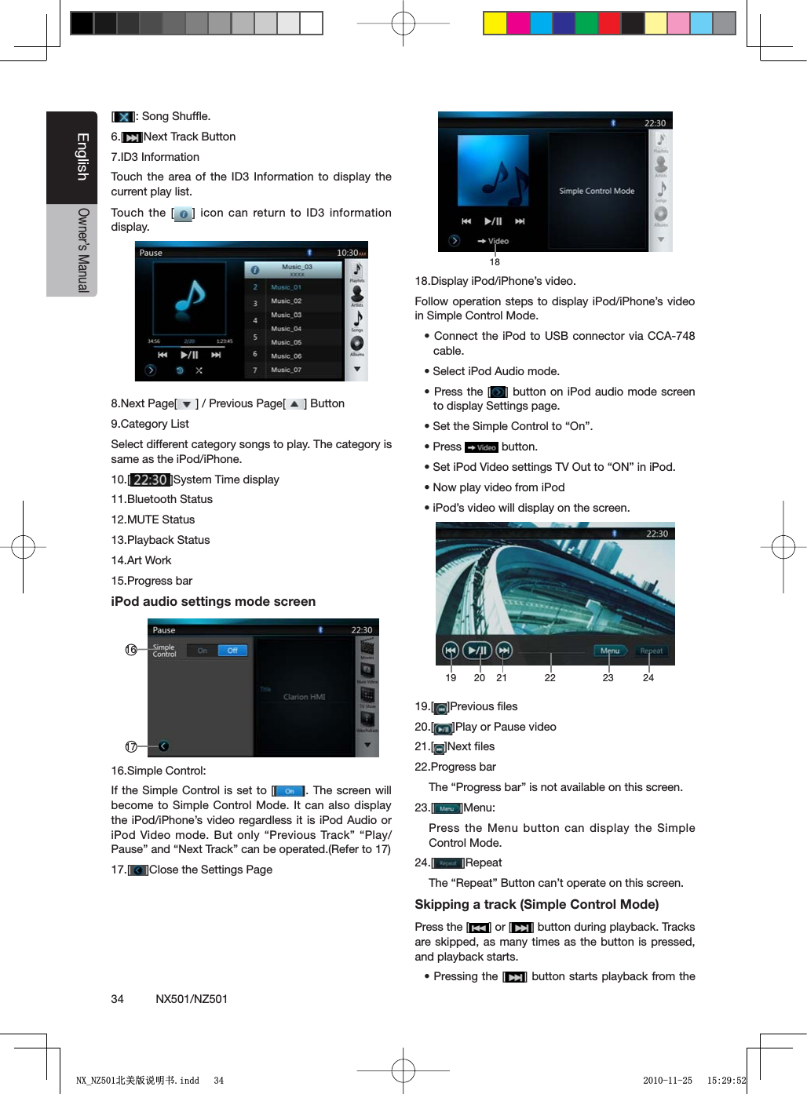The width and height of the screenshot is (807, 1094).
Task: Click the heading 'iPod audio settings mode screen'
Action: click(213, 602)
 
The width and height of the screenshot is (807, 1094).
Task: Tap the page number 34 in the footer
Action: click(117, 999)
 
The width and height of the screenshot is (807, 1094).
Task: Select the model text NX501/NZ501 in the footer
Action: click(192, 999)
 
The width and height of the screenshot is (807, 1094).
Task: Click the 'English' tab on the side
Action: click(82, 157)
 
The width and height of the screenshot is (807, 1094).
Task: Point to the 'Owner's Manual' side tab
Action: click(82, 250)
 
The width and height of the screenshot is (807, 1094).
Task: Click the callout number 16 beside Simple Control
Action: click(131, 650)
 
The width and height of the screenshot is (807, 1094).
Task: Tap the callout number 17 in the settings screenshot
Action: click(131, 746)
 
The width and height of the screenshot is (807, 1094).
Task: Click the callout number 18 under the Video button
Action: click(495, 262)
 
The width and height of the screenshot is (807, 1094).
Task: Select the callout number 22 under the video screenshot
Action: click(550, 678)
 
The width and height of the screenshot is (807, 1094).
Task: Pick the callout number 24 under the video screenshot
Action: click(648, 678)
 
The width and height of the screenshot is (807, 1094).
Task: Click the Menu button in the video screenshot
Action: click(610, 651)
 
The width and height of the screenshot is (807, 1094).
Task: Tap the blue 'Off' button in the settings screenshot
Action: click(232, 651)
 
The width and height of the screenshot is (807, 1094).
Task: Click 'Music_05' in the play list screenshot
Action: click(287, 343)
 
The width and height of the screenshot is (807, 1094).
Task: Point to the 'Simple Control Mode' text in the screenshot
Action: click(597, 191)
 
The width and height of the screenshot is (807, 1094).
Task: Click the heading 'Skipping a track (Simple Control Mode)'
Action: click(536, 904)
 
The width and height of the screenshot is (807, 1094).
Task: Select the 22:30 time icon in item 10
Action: click(149, 480)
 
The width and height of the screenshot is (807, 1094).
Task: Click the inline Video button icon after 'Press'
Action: click(481, 447)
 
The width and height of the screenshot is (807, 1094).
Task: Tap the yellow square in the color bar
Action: click(495, 24)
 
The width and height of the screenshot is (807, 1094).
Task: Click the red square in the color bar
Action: click(609, 24)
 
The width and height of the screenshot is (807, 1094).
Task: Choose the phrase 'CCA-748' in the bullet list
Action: click(671, 336)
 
